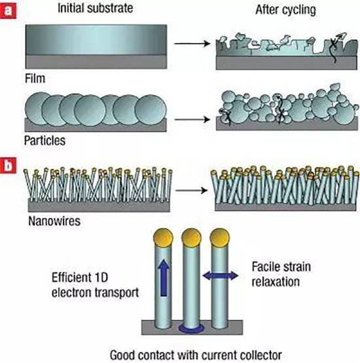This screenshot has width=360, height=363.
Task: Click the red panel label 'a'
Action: click(8, 10)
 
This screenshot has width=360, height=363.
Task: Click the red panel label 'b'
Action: click(8, 165)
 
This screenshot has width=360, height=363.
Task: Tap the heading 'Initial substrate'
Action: click(95, 8)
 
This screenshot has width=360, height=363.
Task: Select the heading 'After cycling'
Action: click(285, 10)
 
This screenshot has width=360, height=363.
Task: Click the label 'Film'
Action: click(35, 78)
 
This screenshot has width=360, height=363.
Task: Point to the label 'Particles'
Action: click(45, 141)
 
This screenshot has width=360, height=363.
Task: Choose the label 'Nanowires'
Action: click(54, 221)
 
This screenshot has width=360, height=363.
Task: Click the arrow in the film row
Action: click(192, 43)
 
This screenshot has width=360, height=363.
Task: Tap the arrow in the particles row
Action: click(192, 120)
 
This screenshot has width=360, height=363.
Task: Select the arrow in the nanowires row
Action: click(191, 190)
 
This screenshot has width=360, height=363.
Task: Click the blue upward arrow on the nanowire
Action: click(164, 277)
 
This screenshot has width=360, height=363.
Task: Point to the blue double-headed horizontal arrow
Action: click(221, 275)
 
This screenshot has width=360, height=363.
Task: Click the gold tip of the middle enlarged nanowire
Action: click(191, 238)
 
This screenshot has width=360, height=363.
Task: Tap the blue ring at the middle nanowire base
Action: click(191, 328)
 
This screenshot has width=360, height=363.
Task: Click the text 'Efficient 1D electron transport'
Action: click(95, 285)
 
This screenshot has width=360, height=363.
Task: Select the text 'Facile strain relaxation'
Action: click(281, 274)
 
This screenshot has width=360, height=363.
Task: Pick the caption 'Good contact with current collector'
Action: click(196, 355)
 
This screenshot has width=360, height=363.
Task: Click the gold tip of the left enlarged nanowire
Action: click(164, 237)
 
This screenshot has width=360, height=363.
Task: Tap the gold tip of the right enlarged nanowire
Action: click(220, 238)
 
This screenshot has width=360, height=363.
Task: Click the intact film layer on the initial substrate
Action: click(96, 40)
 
